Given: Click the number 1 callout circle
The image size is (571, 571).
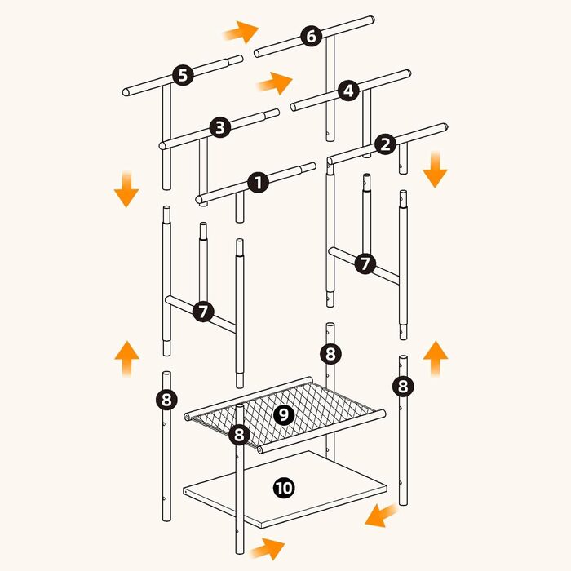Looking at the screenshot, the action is point(259,183).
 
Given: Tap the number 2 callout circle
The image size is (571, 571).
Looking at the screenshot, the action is point(385,144).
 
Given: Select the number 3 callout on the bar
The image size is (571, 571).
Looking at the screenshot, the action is point(220,127).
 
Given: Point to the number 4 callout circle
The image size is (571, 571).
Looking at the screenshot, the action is point(348,91).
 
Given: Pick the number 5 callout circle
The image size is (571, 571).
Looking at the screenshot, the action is point(183,75).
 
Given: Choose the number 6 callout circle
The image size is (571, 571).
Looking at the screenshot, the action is point(312,36).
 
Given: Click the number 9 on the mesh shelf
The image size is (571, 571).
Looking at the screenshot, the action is point(284,414).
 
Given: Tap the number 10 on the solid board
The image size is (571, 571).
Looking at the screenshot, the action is point(284,488).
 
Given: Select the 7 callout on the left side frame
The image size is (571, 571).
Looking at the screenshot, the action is point(203,312).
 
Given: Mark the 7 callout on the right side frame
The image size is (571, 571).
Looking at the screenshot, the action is point(365,263).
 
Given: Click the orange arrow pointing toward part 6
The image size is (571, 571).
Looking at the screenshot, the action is point(241,32).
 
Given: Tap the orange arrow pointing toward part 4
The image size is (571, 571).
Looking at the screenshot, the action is point(275,83).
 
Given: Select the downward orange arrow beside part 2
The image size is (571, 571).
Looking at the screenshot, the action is point(435,170).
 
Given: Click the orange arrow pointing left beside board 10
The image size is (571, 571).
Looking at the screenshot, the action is point(382,515).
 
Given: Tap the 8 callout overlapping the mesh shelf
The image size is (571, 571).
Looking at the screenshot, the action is point(239,435).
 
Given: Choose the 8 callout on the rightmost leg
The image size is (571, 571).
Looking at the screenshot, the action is point(403,386).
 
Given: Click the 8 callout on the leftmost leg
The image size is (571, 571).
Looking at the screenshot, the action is point(166,400).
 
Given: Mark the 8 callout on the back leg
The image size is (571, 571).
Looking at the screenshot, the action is point(330,353).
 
